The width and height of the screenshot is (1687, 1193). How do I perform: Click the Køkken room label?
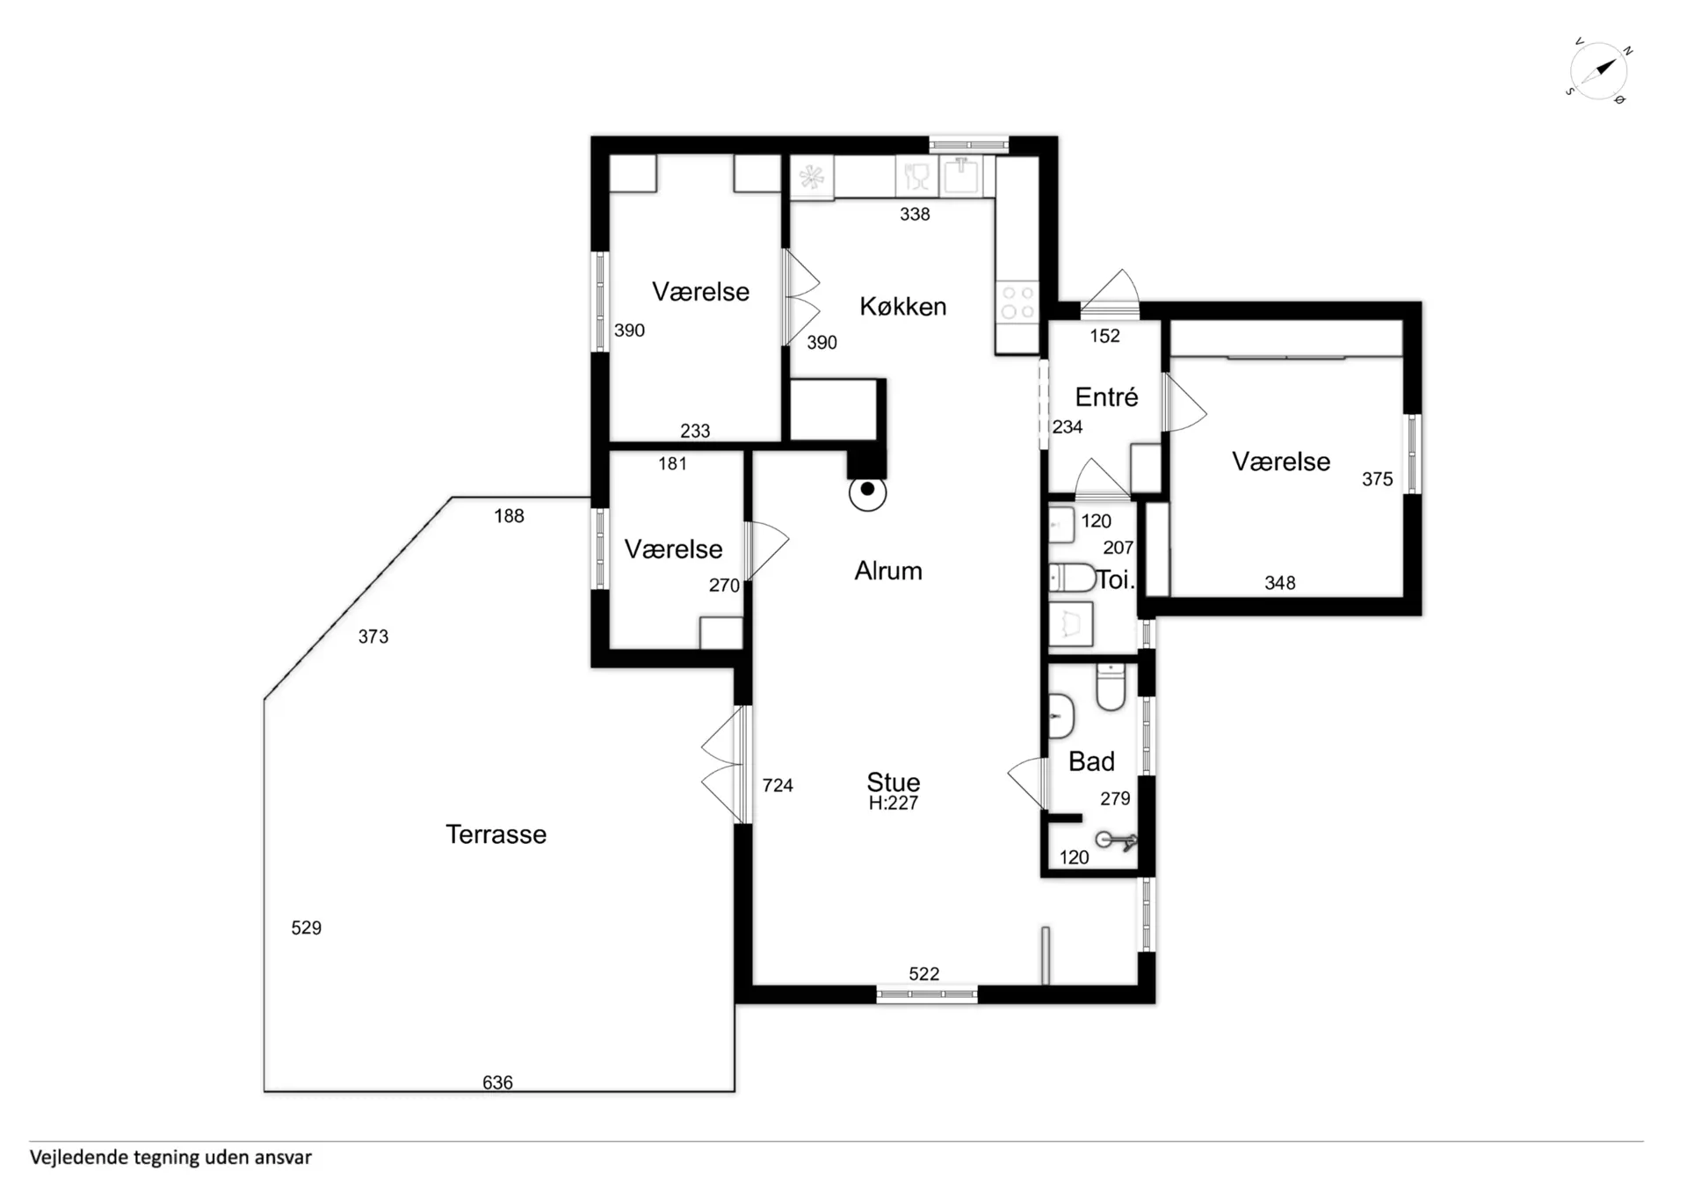(x=902, y=306)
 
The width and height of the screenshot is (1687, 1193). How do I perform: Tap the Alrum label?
(x=888, y=571)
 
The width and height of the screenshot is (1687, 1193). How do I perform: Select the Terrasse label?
(x=496, y=833)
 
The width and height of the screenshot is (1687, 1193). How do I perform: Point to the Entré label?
(x=1106, y=396)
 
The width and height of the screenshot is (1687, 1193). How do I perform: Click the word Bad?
(x=1091, y=760)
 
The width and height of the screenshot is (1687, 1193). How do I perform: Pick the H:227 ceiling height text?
(x=893, y=803)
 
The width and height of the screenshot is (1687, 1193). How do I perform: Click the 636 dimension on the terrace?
(x=497, y=1082)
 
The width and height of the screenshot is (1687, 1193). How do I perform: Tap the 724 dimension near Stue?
(x=778, y=785)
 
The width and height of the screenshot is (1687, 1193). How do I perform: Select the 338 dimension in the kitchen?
(x=915, y=214)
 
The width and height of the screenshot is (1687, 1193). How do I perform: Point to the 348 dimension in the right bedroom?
(x=1280, y=582)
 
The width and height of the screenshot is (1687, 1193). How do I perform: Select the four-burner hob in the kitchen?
(x=1017, y=302)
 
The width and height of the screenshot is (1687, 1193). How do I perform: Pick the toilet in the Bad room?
(x=1111, y=687)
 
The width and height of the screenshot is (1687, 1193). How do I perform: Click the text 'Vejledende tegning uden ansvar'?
(x=170, y=1158)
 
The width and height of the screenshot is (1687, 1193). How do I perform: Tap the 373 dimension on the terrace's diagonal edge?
(x=373, y=636)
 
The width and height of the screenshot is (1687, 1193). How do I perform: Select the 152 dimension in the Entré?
(x=1104, y=335)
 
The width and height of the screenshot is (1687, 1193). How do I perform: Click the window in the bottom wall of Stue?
(x=927, y=994)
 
